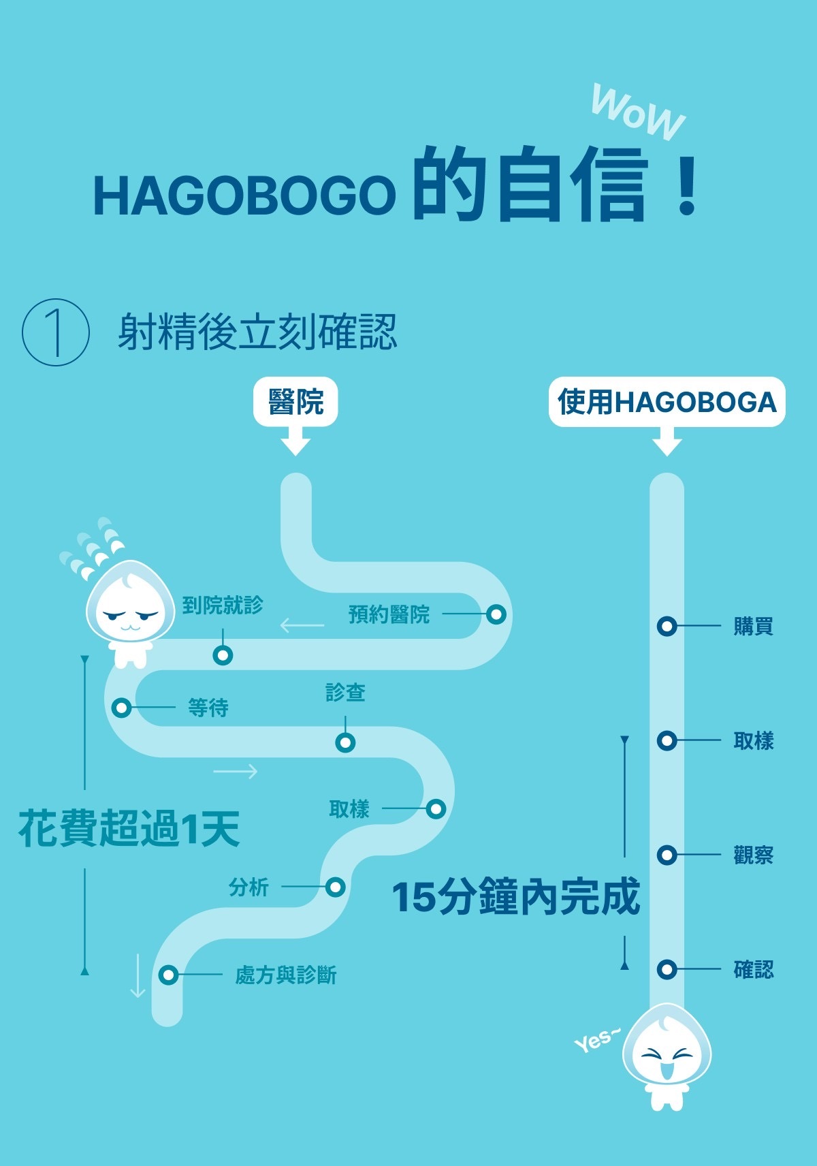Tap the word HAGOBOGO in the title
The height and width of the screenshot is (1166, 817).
click(x=244, y=195)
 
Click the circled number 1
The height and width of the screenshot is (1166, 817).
click(x=56, y=333)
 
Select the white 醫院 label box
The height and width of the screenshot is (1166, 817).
click(x=295, y=402)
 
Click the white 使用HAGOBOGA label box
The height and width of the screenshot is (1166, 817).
click(x=667, y=402)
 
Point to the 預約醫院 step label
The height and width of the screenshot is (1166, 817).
click(x=389, y=614)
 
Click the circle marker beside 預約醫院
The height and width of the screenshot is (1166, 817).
click(x=496, y=614)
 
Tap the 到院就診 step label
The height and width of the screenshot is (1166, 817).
click(x=223, y=605)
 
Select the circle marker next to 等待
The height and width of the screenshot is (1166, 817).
click(x=122, y=708)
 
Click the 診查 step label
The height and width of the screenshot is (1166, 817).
click(x=345, y=693)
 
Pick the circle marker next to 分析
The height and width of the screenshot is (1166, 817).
click(x=335, y=887)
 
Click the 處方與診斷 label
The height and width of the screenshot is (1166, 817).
click(x=286, y=975)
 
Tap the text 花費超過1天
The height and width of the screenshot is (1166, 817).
click(x=129, y=829)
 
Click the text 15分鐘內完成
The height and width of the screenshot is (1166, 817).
click(x=515, y=896)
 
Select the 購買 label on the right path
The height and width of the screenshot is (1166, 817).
click(x=753, y=626)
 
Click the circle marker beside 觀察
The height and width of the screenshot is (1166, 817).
click(x=667, y=855)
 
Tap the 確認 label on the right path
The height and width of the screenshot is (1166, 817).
click(x=753, y=969)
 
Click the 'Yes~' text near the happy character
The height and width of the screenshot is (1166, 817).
click(x=596, y=1040)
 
